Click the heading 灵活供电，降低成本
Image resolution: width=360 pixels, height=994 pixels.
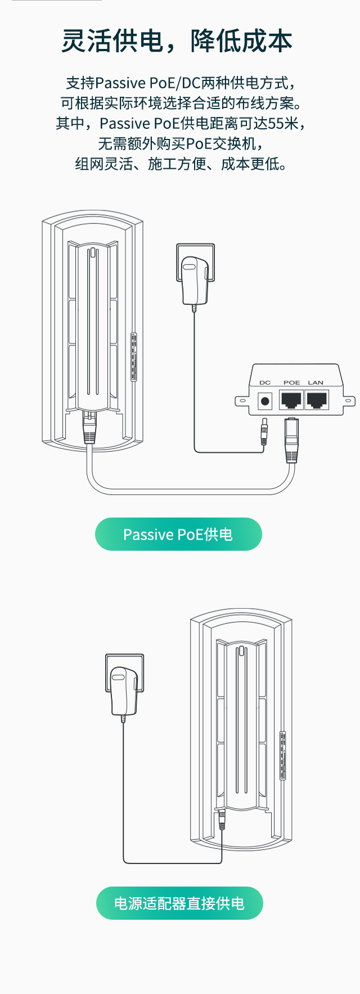coord(177,42)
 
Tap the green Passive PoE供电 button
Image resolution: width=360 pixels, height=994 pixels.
coord(178,534)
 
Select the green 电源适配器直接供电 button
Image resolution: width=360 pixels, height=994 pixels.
coord(179,903)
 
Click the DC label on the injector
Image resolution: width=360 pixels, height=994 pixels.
coord(265,383)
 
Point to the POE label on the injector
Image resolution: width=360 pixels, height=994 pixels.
coord(291,383)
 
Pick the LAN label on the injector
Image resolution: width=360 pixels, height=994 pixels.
coord(316,383)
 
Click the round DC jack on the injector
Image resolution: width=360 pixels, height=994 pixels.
coord(265,401)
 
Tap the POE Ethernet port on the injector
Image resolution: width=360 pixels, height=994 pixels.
coord(291,400)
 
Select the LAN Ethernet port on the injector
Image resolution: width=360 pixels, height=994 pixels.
coord(317,400)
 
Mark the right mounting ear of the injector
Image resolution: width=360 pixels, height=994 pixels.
coord(349,401)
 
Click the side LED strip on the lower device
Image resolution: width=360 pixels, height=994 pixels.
coord(283,755)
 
